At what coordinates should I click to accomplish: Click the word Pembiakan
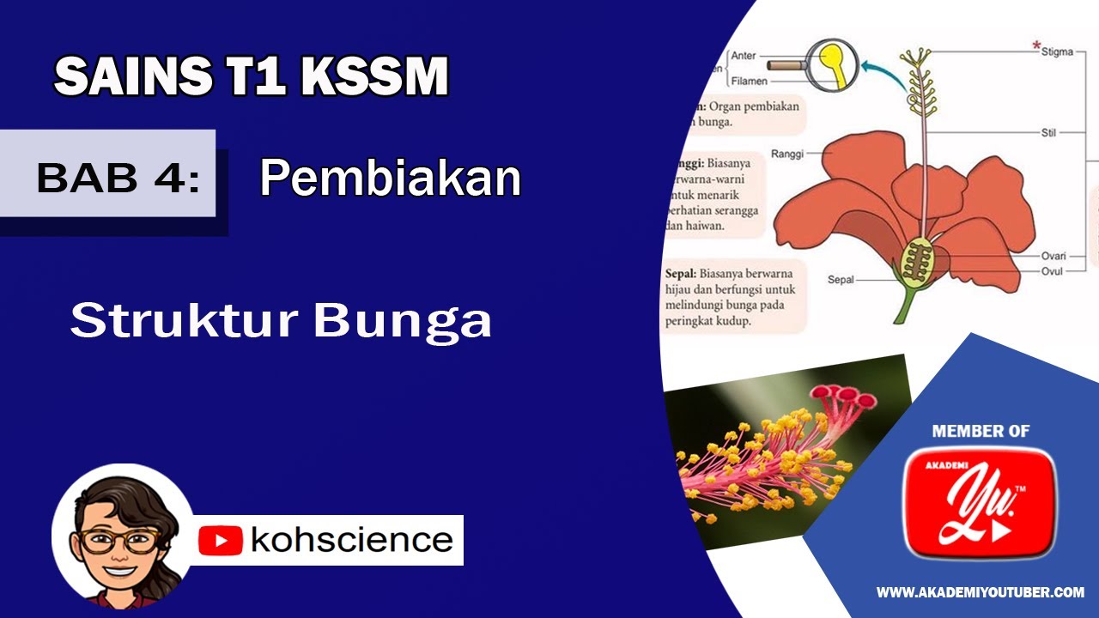391,179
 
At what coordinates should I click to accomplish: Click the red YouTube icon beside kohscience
221,541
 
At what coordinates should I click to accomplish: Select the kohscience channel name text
351,540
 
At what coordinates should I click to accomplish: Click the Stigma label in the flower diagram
1056,52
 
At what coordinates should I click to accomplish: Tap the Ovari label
1053,256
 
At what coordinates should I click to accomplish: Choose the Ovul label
1052,271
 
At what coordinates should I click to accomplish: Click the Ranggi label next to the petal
787,154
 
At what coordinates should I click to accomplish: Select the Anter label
744,56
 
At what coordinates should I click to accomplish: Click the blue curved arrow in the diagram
884,69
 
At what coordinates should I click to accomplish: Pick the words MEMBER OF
981,431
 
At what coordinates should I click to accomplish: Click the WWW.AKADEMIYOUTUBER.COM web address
980,592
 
